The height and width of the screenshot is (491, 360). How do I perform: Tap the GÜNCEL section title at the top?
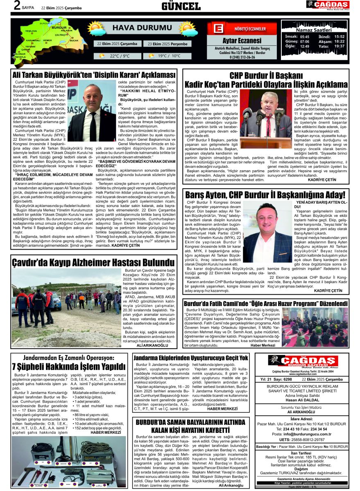click(x=181, y=6)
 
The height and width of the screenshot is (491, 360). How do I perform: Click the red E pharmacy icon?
click(x=218, y=29)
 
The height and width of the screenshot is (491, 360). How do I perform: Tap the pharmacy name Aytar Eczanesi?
click(x=242, y=41)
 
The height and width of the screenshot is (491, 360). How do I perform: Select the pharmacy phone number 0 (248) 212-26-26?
click(x=242, y=57)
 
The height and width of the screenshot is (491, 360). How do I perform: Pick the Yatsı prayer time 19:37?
click(x=339, y=46)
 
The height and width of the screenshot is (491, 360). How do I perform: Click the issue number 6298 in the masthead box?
click(x=288, y=379)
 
